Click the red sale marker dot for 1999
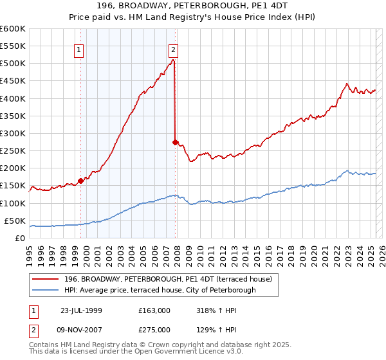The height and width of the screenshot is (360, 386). point(81,181)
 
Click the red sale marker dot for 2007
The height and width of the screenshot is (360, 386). point(175,141)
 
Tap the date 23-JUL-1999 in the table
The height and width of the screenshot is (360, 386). point(81,310)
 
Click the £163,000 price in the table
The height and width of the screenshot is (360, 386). point(154,310)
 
